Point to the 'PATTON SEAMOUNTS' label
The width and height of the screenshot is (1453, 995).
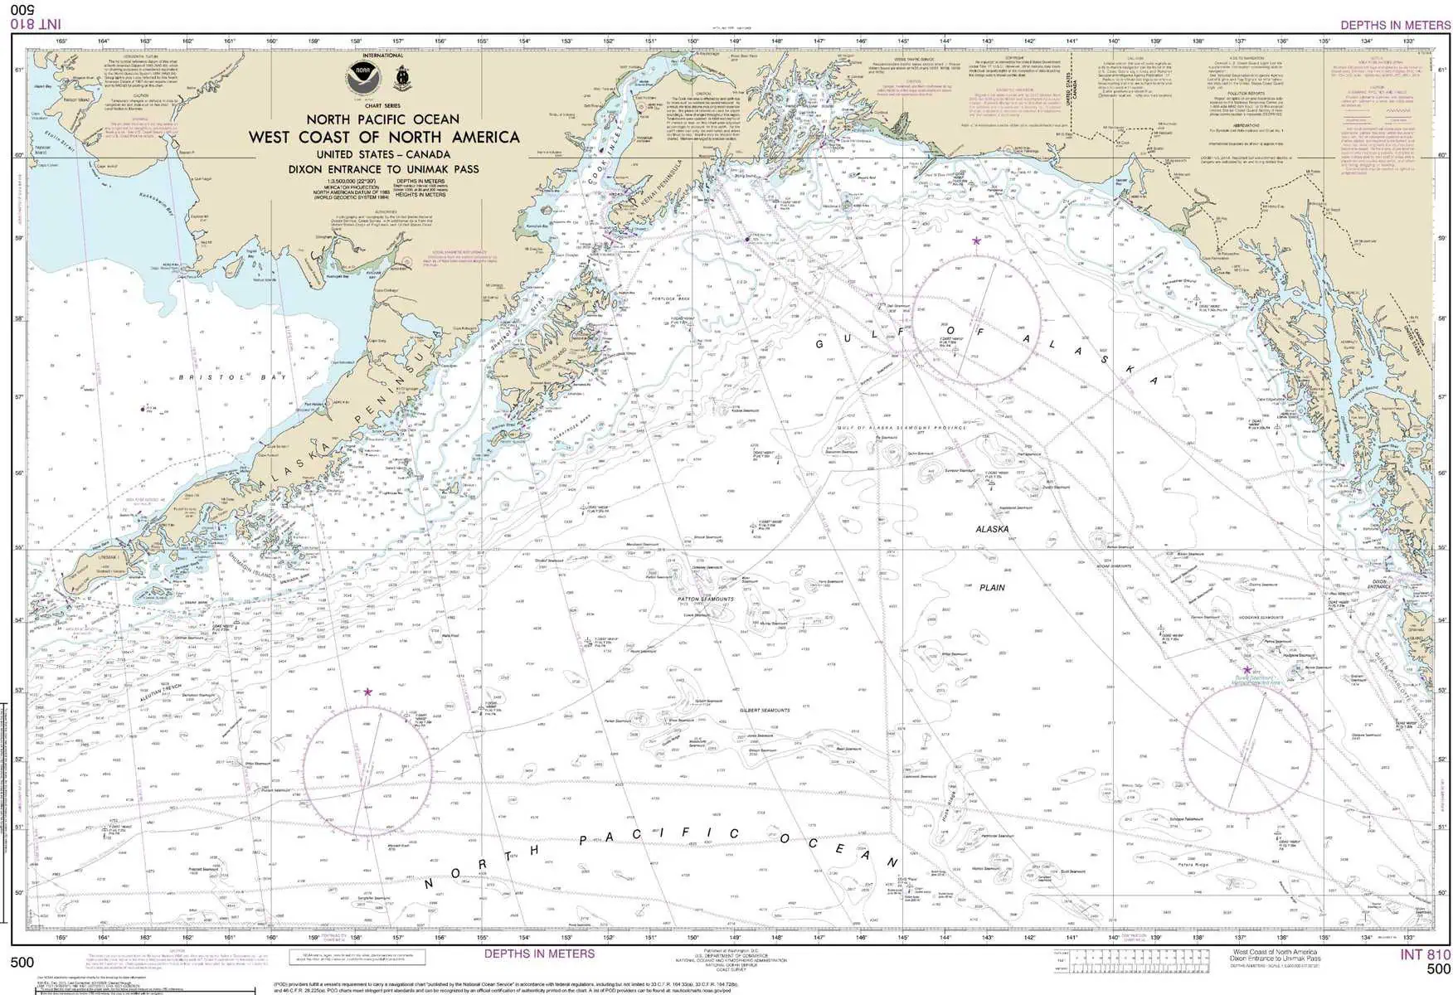coord(706,599)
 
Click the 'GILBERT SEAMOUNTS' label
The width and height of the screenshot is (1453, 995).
coord(765,711)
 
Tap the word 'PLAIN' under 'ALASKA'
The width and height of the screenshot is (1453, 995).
coord(992,587)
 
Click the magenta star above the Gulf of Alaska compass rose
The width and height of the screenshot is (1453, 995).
coord(976,241)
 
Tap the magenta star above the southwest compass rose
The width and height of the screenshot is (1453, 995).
coord(367,692)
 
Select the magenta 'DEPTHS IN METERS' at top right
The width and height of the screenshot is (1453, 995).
coord(1395,25)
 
